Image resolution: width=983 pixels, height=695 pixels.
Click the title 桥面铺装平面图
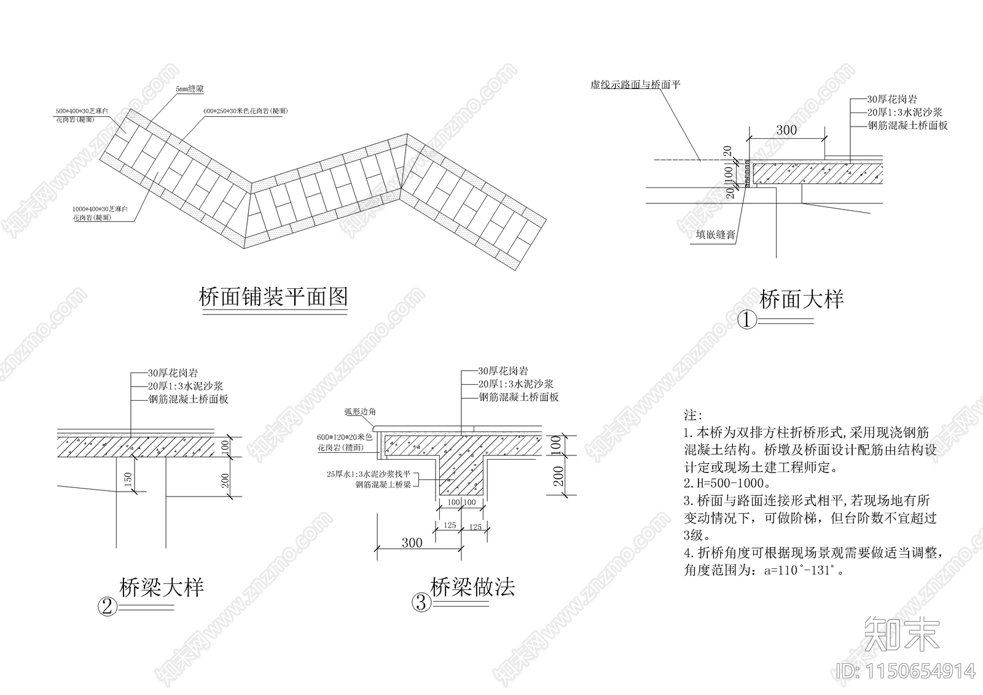click(x=273, y=297)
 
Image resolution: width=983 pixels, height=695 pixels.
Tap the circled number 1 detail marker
click(x=746, y=320)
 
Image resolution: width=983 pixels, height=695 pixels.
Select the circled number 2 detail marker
click(x=107, y=607)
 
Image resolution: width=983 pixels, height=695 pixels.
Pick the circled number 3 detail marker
click(x=421, y=603)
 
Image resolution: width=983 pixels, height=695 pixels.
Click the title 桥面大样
click(x=802, y=299)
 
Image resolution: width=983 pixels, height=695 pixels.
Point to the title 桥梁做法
click(x=472, y=587)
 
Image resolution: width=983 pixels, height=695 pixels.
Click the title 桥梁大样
click(x=161, y=587)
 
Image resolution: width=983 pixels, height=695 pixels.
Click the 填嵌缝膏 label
click(x=715, y=235)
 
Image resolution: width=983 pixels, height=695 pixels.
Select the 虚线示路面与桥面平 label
click(x=635, y=85)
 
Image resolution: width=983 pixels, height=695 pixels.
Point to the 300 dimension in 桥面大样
click(x=786, y=130)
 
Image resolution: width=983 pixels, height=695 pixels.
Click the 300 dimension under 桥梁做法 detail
click(x=412, y=543)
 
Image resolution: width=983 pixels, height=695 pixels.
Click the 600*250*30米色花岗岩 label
click(x=245, y=111)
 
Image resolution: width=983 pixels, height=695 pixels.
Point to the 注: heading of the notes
click(x=692, y=416)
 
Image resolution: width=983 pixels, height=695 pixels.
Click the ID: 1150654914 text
click(x=906, y=670)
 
